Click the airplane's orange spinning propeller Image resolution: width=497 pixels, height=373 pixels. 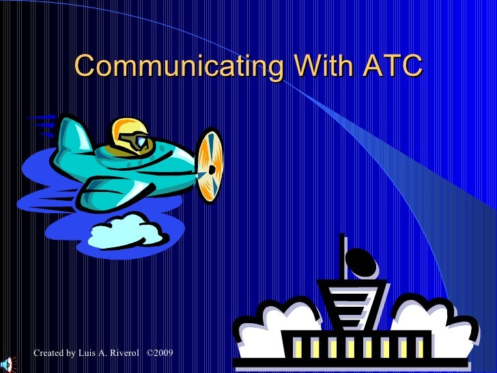click(211, 164)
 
